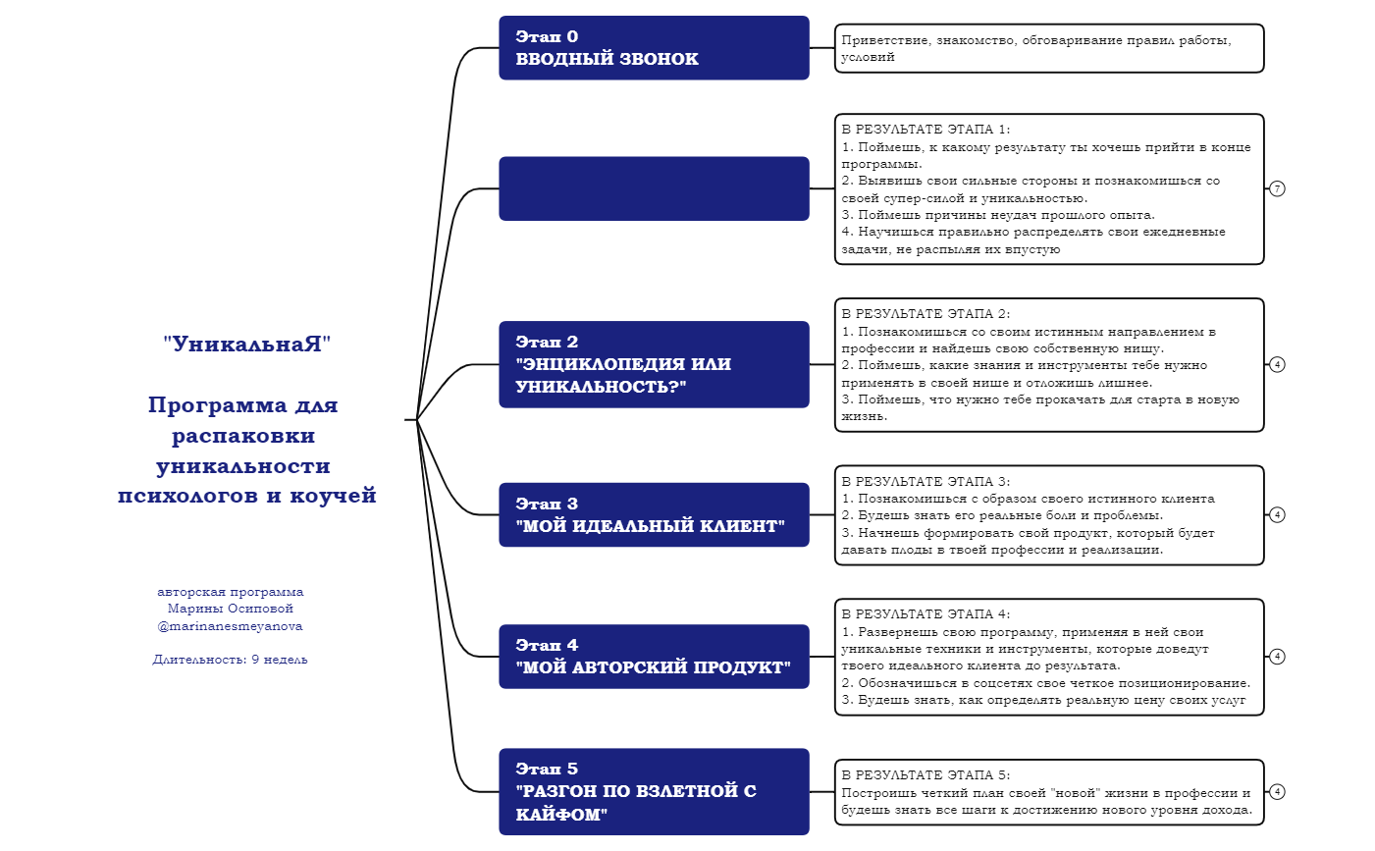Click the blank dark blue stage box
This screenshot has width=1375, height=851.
[x=654, y=188]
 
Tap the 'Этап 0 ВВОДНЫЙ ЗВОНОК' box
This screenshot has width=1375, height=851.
[x=654, y=48]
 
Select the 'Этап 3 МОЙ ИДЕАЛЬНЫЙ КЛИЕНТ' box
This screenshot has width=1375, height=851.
[x=654, y=514]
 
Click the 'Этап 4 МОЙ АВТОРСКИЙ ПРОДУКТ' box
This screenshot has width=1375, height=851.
[x=654, y=657]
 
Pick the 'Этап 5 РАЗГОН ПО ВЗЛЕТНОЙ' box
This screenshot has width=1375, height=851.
[x=654, y=791]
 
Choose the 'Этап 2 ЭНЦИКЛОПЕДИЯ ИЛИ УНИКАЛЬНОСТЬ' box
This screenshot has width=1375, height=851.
[x=654, y=364]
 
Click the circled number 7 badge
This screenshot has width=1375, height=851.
[x=1277, y=188]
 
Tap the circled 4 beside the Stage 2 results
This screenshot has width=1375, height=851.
[x=1277, y=364]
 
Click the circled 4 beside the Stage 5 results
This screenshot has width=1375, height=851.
[x=1277, y=791]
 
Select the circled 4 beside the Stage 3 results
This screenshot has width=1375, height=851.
[x=1277, y=514]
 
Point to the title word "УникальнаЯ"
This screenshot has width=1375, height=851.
[x=247, y=345]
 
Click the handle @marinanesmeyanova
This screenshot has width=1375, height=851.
[x=231, y=626]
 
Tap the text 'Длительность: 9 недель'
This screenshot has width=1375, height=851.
[x=231, y=660]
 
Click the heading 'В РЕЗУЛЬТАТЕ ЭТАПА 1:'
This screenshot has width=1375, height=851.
[x=925, y=130]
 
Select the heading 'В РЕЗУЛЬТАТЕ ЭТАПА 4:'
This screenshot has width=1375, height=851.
[x=925, y=614]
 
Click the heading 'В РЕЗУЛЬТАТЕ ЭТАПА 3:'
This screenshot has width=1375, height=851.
[x=925, y=482]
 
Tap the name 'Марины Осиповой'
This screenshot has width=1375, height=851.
[x=231, y=609]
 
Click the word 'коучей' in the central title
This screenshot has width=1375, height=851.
[x=334, y=496]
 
